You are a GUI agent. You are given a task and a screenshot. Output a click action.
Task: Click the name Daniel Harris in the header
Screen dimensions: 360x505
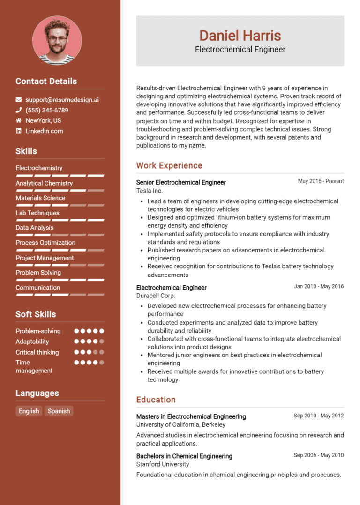240,36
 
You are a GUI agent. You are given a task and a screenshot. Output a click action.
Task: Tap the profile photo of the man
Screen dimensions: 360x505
57,40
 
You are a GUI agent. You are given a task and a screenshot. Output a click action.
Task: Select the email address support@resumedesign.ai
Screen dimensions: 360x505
62,100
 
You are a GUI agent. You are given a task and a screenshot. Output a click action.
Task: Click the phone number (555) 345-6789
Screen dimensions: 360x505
47,110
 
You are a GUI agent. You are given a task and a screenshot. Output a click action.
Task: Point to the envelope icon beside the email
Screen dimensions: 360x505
19,100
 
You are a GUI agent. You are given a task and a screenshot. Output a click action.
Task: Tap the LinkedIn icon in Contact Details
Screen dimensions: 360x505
19,131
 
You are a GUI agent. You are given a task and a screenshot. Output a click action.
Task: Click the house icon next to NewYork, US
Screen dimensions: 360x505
19,120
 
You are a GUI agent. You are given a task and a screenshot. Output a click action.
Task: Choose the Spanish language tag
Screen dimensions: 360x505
59,411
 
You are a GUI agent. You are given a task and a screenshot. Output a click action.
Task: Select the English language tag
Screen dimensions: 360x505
29,411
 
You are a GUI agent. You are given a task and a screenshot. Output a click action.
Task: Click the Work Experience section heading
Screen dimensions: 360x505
169,165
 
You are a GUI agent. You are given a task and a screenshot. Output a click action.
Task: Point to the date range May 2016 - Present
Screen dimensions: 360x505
321,181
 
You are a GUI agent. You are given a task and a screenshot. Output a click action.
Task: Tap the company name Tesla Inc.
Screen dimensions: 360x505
150,191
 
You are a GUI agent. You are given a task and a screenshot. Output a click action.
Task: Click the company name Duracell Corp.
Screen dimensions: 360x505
156,296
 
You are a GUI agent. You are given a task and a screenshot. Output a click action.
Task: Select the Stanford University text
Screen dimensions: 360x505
163,464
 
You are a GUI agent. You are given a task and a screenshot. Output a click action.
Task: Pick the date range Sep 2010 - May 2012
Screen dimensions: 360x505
319,416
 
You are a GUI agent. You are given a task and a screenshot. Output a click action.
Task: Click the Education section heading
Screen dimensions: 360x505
156,400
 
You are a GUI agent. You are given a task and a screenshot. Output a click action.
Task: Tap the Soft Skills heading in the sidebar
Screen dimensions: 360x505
36,314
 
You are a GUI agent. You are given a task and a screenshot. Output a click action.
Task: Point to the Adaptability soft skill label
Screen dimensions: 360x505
32,342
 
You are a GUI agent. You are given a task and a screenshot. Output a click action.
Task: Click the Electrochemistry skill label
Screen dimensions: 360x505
39,168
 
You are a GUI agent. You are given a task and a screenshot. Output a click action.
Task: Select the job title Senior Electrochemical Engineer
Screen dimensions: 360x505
181,182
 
